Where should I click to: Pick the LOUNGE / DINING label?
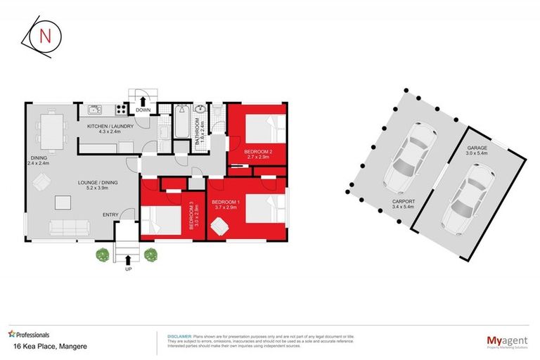(x=96, y=185)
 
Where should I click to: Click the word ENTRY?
(x=111, y=215)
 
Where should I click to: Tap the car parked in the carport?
(x=409, y=158)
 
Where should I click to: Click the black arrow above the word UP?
(x=129, y=259)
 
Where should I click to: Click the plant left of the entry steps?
(x=103, y=254)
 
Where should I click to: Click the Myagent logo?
(x=504, y=341)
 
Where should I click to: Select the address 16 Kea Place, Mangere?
(x=41, y=347)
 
